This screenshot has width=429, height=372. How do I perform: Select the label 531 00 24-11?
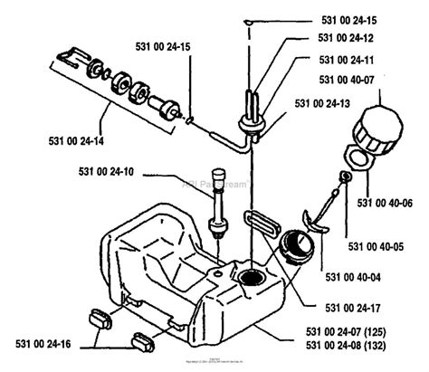pos(346,60)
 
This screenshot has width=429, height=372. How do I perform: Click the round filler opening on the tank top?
pos(248,275)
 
